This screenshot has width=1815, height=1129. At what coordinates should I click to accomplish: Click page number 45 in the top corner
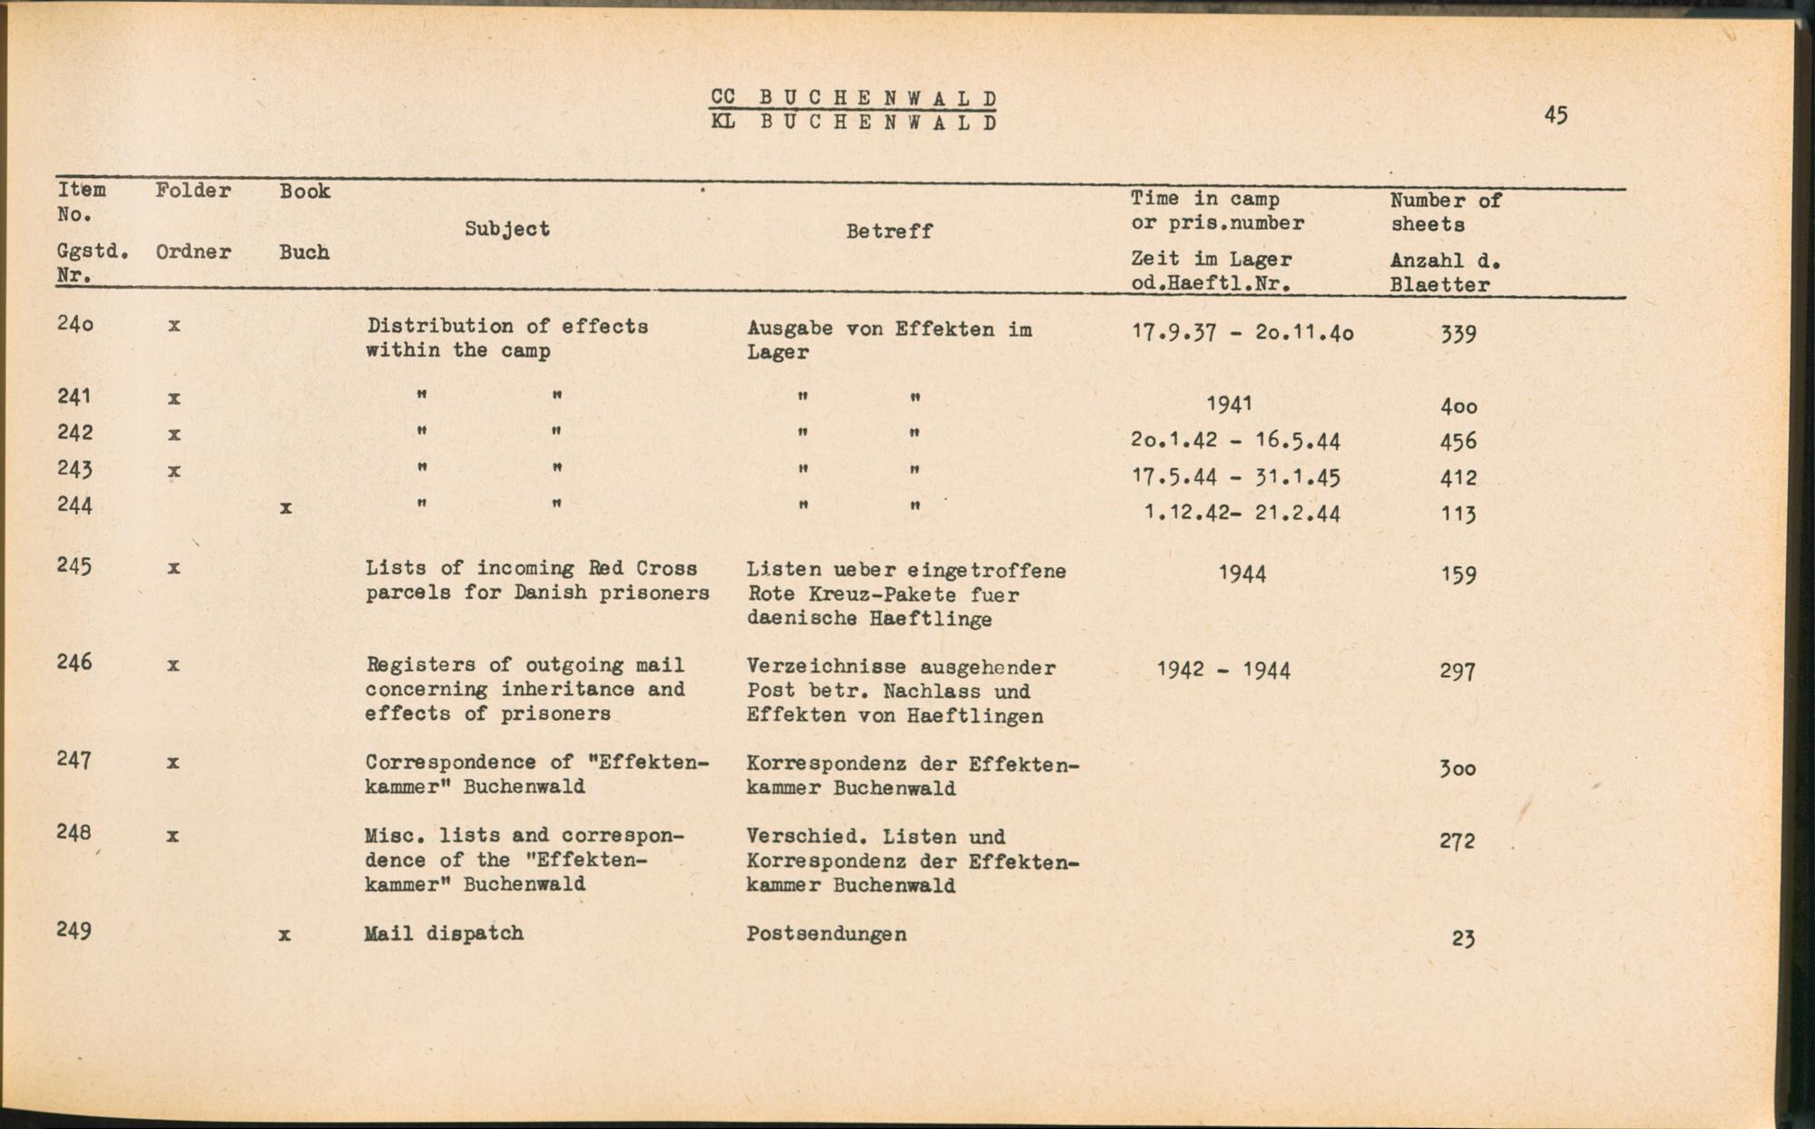click(1555, 115)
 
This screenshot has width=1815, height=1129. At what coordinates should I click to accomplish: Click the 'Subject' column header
click(507, 229)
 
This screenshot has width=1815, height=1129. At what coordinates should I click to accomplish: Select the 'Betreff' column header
click(888, 231)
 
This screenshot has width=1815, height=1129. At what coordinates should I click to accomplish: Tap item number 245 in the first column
click(74, 566)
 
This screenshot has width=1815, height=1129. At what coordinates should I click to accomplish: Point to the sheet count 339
click(1458, 334)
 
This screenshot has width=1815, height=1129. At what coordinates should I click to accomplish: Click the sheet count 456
click(1458, 442)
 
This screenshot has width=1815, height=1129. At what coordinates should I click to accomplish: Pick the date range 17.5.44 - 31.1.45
click(1237, 477)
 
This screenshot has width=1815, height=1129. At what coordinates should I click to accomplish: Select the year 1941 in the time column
click(1230, 404)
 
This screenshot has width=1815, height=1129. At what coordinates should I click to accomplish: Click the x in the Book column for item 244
click(286, 508)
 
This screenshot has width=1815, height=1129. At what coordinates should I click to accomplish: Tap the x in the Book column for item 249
click(285, 934)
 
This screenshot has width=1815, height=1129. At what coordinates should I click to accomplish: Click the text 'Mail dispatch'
click(444, 933)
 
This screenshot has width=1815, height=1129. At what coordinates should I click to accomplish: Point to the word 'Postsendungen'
click(826, 934)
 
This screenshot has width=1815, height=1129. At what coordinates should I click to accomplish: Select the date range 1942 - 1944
click(1223, 671)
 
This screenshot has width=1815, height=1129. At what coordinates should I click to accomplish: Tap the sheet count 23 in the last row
click(1463, 938)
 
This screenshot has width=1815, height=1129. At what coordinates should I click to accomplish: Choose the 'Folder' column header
click(192, 191)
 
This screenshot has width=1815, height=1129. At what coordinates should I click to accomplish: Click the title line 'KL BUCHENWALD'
click(854, 123)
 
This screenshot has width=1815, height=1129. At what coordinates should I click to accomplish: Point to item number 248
click(74, 832)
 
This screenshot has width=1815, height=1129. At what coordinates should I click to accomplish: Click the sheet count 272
click(1457, 841)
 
